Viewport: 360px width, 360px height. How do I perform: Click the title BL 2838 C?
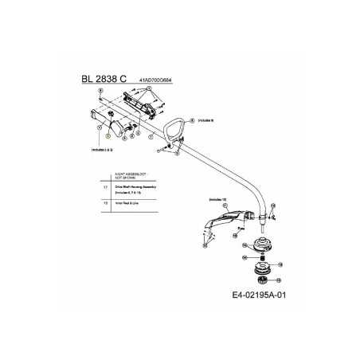click(x=104, y=80)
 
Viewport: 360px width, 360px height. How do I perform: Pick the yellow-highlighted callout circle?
click(x=106, y=137)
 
